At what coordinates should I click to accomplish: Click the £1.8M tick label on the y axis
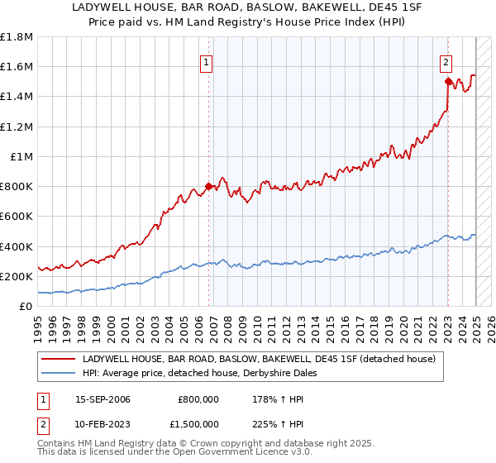(x=16, y=37)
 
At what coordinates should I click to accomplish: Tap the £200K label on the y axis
(x=16, y=276)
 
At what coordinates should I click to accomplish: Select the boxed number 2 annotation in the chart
(x=446, y=60)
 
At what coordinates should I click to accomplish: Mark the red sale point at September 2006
(x=208, y=186)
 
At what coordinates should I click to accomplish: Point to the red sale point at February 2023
(x=448, y=81)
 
